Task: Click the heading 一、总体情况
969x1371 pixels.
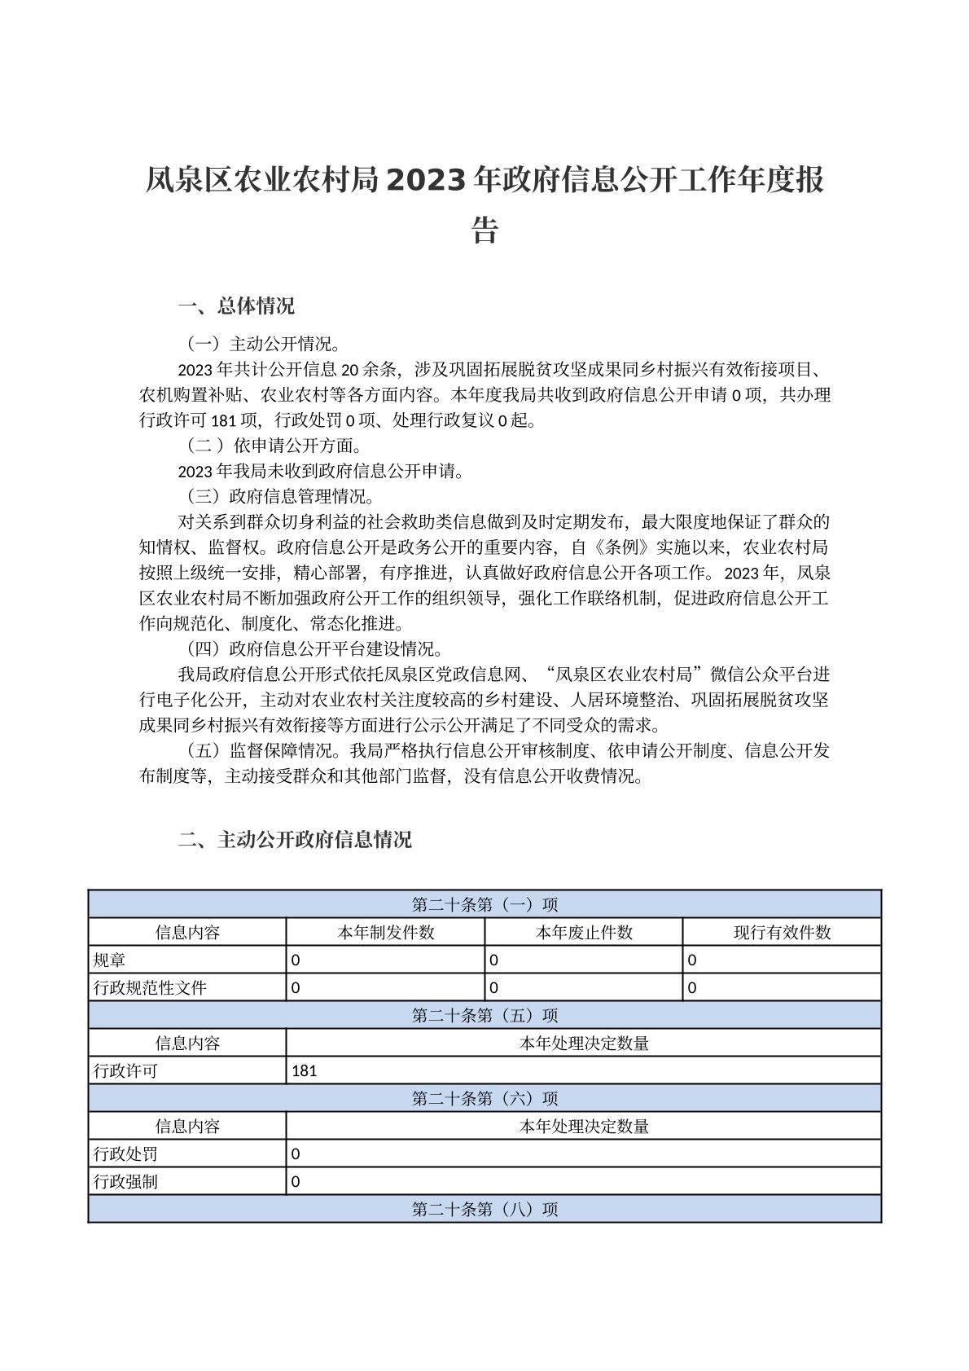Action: pos(236,306)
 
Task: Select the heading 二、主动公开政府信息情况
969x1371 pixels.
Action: pos(295,839)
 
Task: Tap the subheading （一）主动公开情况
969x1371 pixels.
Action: pos(264,343)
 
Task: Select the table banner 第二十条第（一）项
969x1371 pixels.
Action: pos(484,904)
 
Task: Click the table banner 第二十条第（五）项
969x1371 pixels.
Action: pos(484,1015)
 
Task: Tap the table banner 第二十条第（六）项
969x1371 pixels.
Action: pos(484,1098)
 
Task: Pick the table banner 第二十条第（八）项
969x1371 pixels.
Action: pos(484,1209)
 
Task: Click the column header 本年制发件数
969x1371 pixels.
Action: pos(385,932)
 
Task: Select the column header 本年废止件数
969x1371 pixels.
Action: pos(583,932)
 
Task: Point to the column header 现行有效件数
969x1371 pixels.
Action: pos(782,932)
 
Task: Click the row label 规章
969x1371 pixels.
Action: pos(110,960)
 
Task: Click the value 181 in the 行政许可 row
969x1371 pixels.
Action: pos(304,1070)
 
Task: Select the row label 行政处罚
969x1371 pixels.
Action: pos(125,1153)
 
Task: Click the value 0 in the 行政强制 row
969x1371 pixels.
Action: pos(296,1181)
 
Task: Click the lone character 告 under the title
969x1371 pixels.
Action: pos(484,231)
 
